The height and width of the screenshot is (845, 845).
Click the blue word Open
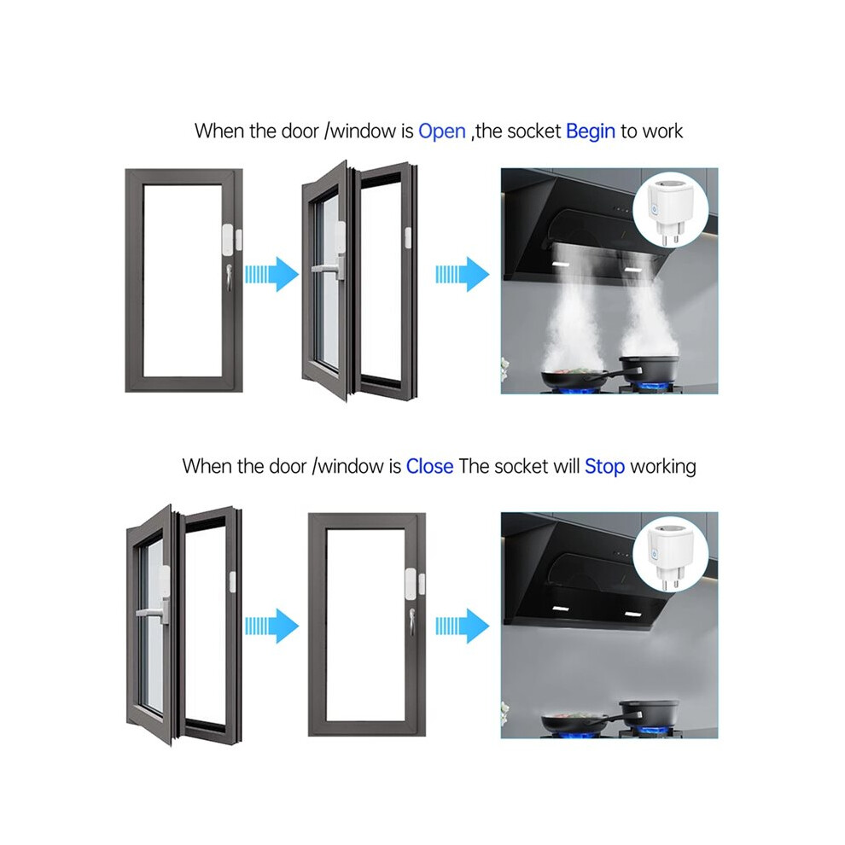(x=442, y=131)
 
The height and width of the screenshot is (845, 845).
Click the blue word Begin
(x=590, y=131)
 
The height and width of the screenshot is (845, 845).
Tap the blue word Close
(x=429, y=466)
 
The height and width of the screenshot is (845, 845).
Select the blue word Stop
(x=604, y=467)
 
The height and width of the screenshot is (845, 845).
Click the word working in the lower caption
(x=663, y=467)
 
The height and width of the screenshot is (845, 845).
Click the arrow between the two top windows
(x=271, y=274)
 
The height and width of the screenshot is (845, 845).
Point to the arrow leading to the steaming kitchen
(x=463, y=274)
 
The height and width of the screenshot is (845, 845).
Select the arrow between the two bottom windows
(x=271, y=626)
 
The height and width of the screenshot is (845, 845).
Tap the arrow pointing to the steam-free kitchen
(x=463, y=626)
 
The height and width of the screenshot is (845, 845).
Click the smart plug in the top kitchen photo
(x=670, y=212)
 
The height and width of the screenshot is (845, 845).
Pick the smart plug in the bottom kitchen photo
(x=670, y=557)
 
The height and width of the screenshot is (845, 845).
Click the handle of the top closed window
(x=229, y=278)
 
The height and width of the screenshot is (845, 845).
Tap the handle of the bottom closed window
(x=412, y=623)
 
